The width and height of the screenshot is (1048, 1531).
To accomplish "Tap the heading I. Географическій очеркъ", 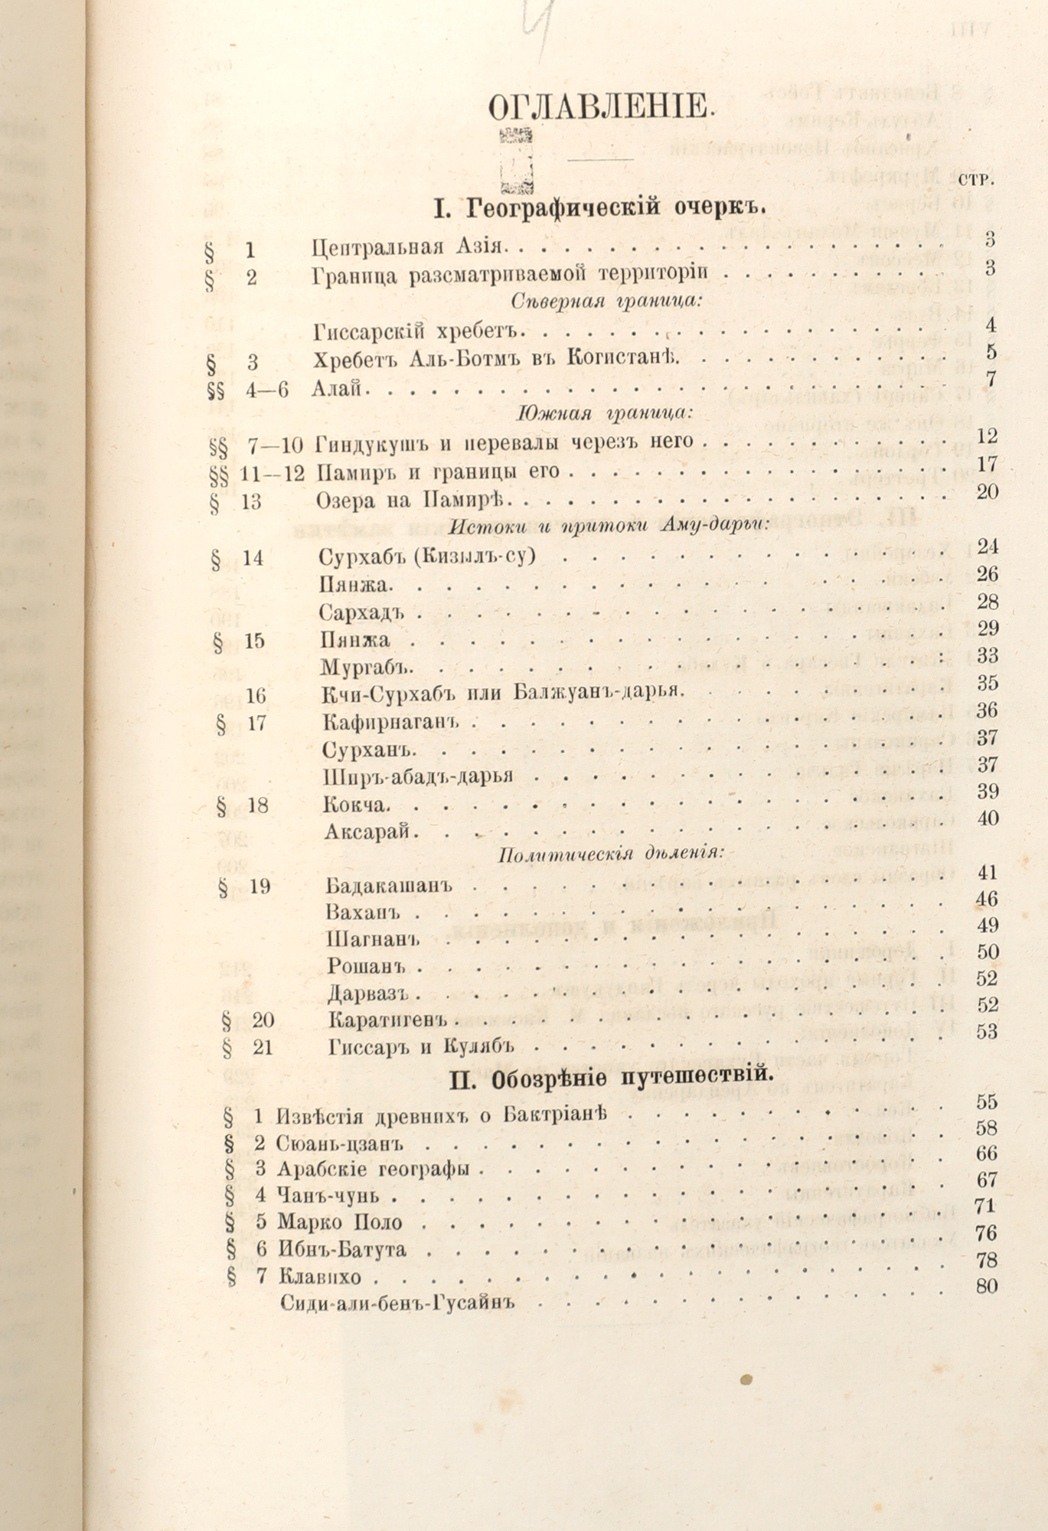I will click(x=600, y=207).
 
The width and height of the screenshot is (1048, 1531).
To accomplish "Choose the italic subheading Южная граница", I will click(x=605, y=413).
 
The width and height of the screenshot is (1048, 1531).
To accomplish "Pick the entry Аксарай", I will click(x=369, y=832).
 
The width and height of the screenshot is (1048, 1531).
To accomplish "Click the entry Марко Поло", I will click(x=339, y=1223).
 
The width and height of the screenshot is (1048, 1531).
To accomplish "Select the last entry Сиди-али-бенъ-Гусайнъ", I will click(x=395, y=1302).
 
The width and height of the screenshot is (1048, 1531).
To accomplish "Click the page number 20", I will click(x=987, y=491).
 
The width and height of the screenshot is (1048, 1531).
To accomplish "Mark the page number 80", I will click(x=987, y=1285).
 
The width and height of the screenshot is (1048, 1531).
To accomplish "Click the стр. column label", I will click(x=975, y=180).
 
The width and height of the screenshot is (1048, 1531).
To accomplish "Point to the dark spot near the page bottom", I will click(x=746, y=1379).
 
